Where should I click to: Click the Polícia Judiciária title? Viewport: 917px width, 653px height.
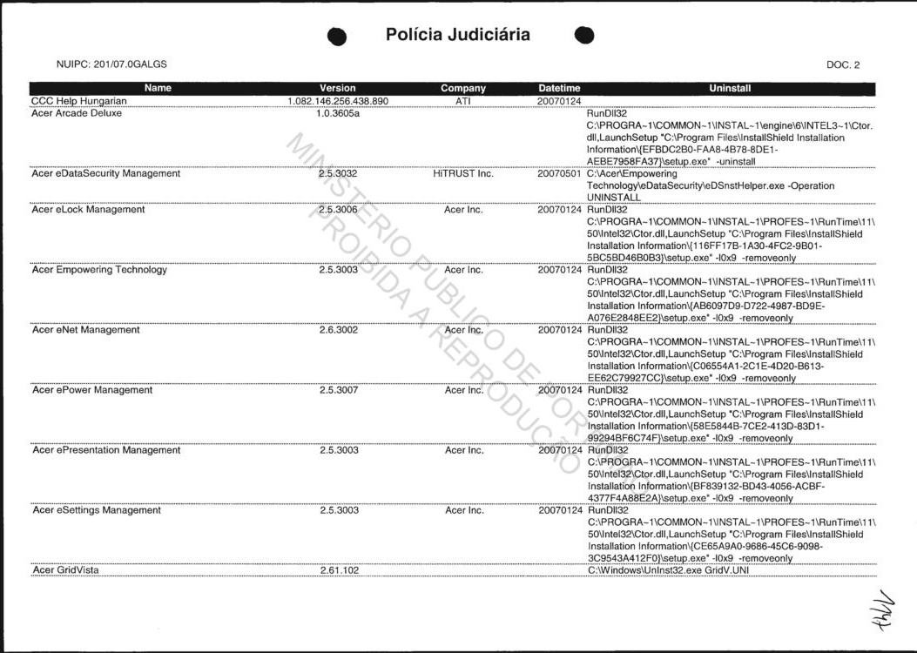tap(457, 35)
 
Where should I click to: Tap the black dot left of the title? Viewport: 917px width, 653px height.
tap(338, 36)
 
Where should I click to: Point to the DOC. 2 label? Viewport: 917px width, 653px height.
tap(843, 65)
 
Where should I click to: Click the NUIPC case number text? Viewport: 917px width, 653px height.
tap(111, 64)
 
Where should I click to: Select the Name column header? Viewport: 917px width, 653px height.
tap(158, 88)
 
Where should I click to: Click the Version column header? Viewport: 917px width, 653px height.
tap(338, 88)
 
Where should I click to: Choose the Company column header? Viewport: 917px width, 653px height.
tap(463, 88)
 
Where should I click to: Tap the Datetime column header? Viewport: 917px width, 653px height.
tap(559, 88)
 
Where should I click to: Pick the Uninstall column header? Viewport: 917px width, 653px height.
tap(730, 88)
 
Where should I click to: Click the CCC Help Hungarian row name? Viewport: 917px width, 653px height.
tap(79, 101)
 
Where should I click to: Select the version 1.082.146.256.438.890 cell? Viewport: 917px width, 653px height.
tap(338, 101)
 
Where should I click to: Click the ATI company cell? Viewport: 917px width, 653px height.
tap(463, 101)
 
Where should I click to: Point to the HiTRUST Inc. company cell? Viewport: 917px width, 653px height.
tap(463, 173)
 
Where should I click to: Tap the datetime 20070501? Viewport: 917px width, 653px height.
tap(559, 173)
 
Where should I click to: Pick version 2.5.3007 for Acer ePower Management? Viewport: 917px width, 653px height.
tap(338, 390)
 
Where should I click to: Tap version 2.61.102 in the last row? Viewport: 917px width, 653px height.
tap(338, 570)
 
